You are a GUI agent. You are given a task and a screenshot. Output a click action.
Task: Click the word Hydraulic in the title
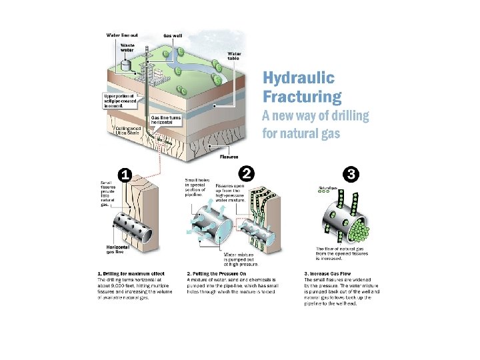point(297,79)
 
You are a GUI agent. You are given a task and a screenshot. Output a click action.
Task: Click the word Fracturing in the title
point(302,97)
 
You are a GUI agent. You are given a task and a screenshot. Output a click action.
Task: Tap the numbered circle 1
point(123,174)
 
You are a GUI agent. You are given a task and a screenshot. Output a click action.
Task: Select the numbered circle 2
point(247,173)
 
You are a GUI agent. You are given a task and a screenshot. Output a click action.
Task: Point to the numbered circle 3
point(352,174)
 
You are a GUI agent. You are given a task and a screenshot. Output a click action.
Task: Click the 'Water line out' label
point(123,35)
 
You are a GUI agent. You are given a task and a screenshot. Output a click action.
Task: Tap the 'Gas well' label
point(173,35)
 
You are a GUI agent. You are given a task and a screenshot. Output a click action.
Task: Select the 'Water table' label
point(235,56)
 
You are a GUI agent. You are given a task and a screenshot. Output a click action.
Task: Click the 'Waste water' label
point(127,48)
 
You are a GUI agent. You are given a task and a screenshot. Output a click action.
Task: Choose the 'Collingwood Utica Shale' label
point(127,131)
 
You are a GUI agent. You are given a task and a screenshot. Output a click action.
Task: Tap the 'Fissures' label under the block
point(230,157)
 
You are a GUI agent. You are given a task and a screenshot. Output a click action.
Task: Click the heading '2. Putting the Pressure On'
point(217,274)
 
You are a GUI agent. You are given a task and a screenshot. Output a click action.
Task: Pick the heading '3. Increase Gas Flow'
point(327,274)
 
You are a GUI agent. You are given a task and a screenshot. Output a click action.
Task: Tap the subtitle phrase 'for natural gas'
point(301,133)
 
